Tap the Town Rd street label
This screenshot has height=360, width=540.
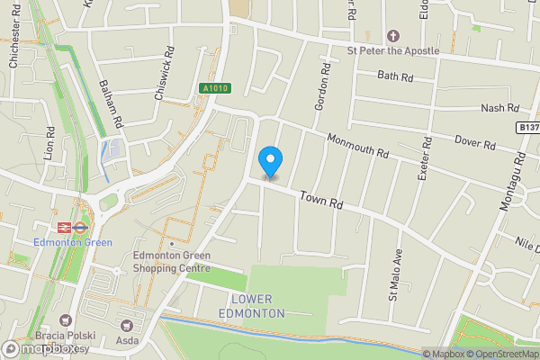tap(322, 200)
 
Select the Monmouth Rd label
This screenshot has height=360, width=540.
tap(358, 146)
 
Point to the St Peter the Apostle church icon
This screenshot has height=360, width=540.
tap(392, 36)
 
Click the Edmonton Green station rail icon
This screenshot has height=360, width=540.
tap(79, 228)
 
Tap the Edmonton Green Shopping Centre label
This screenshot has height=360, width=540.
tap(172, 261)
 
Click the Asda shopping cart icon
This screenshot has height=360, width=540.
tap(126, 325)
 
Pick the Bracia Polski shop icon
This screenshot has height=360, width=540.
tap(65, 319)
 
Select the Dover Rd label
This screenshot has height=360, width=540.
tap(476, 143)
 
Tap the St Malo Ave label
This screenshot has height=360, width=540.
tap(393, 278)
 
